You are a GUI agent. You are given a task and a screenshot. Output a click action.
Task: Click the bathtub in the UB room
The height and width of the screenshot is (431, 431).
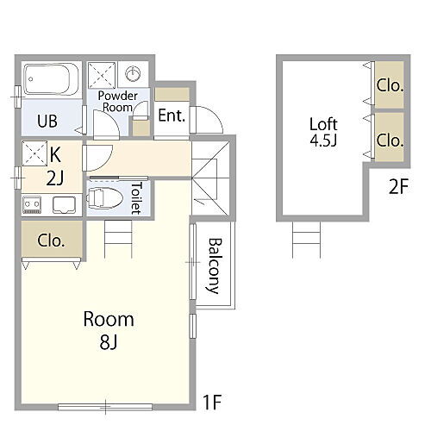point(51,79)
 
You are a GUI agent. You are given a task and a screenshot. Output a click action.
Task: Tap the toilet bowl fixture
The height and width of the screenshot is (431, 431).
point(105,197)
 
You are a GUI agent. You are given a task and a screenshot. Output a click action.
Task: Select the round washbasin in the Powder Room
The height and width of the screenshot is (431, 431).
point(133,73)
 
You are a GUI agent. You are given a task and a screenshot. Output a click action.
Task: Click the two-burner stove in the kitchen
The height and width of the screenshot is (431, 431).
point(32,205)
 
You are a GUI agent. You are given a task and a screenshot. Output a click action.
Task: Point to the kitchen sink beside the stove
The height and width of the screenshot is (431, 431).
point(64,205)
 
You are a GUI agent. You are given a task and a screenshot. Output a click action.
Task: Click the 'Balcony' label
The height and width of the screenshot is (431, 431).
point(215,265)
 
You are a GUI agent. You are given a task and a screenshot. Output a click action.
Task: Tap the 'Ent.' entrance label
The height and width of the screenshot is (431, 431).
point(172,116)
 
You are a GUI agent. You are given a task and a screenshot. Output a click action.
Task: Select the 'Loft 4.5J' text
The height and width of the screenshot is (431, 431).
point(323,132)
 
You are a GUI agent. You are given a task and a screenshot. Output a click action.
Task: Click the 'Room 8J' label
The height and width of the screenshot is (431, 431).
point(109,330)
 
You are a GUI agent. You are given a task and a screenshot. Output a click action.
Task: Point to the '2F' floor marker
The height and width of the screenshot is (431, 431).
point(398,186)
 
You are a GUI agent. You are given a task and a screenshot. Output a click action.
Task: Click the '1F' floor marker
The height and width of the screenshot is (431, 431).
point(212,403)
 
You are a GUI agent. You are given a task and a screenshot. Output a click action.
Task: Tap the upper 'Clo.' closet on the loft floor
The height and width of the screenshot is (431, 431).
point(390,85)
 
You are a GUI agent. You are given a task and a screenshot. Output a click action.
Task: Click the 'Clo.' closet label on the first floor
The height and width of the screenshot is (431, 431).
point(51,240)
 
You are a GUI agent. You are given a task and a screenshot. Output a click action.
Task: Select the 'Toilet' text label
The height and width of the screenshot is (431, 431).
point(136,198)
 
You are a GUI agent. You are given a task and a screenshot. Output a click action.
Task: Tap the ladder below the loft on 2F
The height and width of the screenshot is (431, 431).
point(306,240)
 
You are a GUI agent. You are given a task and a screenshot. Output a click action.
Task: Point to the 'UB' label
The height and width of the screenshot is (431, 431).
point(47,121)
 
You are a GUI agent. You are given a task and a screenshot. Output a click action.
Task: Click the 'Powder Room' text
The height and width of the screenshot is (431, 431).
point(118,102)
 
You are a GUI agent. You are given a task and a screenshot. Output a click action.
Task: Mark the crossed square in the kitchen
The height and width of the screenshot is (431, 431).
point(34,153)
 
